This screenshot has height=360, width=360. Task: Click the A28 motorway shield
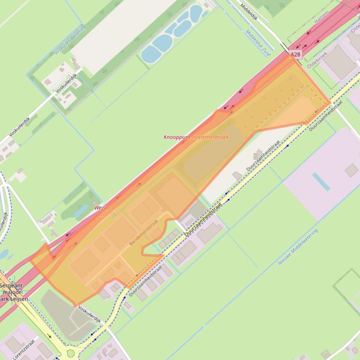pos(295,54)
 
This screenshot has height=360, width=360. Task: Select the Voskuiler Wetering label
pos(70,40)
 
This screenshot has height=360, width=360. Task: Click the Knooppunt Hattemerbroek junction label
pos(196,137)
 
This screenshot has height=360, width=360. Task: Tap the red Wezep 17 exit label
pos(101,210)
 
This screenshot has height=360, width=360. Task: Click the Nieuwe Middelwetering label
pos(298,247)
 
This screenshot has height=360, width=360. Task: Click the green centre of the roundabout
pos(71,353)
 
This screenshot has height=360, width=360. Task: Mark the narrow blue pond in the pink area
pos(321,181)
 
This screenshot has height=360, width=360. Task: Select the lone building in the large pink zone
pos(351,170)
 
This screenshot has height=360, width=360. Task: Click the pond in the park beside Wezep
pos(80,211)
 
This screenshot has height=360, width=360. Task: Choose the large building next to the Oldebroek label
pos(340,61)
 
